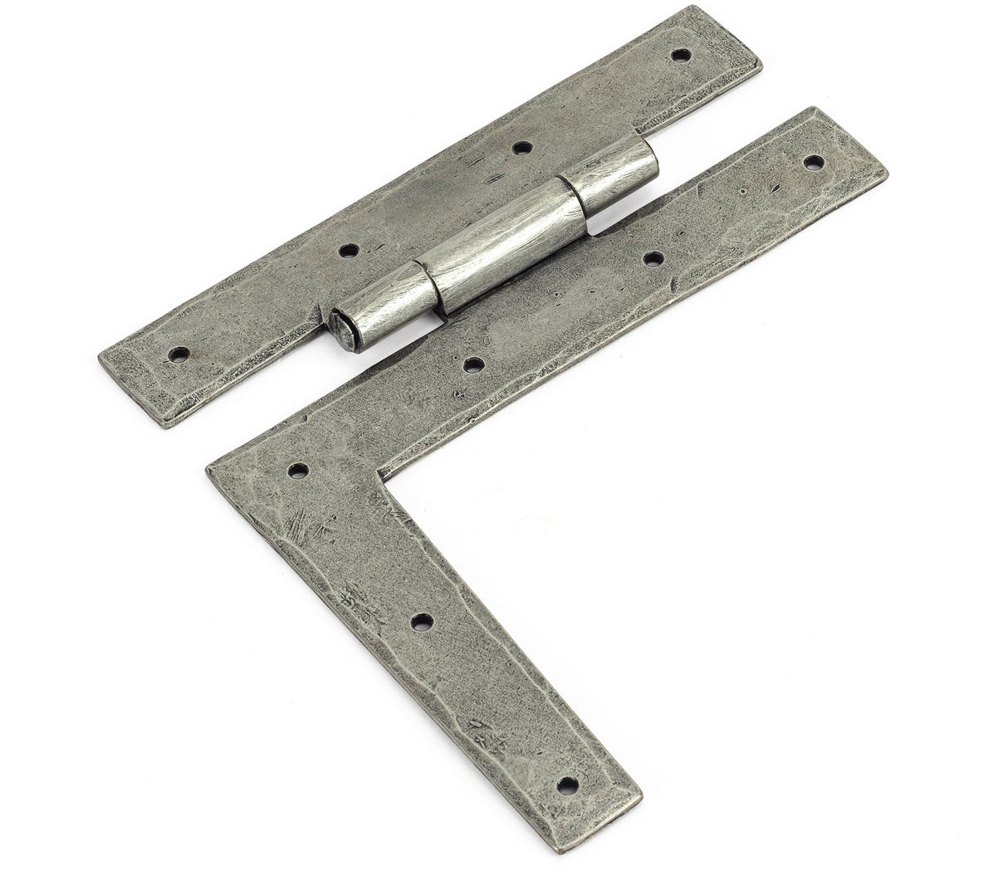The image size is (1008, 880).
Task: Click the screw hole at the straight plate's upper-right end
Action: click(x=681, y=56)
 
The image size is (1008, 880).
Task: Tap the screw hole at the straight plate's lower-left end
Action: click(x=178, y=354)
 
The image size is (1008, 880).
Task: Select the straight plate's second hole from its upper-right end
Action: click(x=521, y=148)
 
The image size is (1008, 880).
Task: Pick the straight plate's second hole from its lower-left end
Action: click(x=349, y=250)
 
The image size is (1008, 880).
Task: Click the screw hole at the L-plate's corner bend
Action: click(x=297, y=471)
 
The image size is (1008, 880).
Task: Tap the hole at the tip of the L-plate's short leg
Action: click(x=567, y=784)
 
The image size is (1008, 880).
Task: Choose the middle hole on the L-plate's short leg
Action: click(x=422, y=620)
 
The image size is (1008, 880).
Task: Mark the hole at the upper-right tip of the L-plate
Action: click(x=814, y=162)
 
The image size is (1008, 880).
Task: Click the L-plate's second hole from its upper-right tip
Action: click(x=653, y=258)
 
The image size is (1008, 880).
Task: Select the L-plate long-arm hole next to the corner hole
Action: click(x=473, y=364)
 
